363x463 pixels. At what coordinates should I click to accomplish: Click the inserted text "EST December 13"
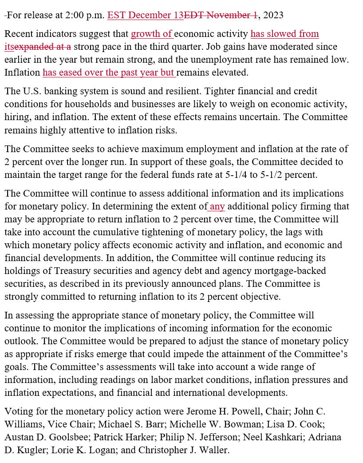click(145, 15)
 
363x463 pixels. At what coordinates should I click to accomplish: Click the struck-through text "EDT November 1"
click(221, 15)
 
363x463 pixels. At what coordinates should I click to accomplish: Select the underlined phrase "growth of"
click(152, 34)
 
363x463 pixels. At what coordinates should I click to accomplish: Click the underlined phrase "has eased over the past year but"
click(109, 72)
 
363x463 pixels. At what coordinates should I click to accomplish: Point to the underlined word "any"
click(217, 206)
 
